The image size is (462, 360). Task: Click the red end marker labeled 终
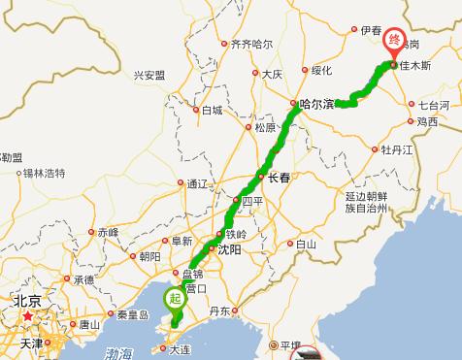pyautogui.click(x=393, y=39)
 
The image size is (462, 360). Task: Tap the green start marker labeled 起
pyautogui.click(x=173, y=298)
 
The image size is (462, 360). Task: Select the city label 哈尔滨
pyautogui.click(x=318, y=104)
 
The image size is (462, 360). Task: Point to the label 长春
pyautogui.click(x=279, y=177)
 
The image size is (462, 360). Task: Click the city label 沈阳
pyautogui.click(x=229, y=249)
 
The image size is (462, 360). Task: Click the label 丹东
pyautogui.click(x=219, y=311)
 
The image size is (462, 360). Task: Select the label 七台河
pyautogui.click(x=433, y=104)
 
